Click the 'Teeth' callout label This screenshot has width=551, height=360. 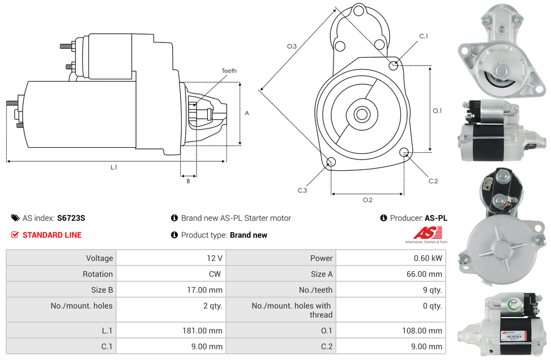pos(229,71)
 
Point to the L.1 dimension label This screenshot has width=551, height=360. pos(114,167)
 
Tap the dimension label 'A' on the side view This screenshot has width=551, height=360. pos(246,113)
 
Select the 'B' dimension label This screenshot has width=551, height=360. pos(188,181)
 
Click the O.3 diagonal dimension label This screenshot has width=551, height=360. pos(292,46)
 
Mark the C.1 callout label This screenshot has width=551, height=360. pos(423,36)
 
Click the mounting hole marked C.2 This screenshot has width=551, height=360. pos(404,152)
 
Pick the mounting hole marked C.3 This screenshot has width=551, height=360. pos(331,163)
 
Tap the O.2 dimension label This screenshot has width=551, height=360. pos(367,200)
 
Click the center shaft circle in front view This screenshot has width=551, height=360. pos(361,114)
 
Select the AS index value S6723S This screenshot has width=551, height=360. pos(71,218)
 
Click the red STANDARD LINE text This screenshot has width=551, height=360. pos(52,235)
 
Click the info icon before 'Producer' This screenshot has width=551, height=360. pos(383,218)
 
